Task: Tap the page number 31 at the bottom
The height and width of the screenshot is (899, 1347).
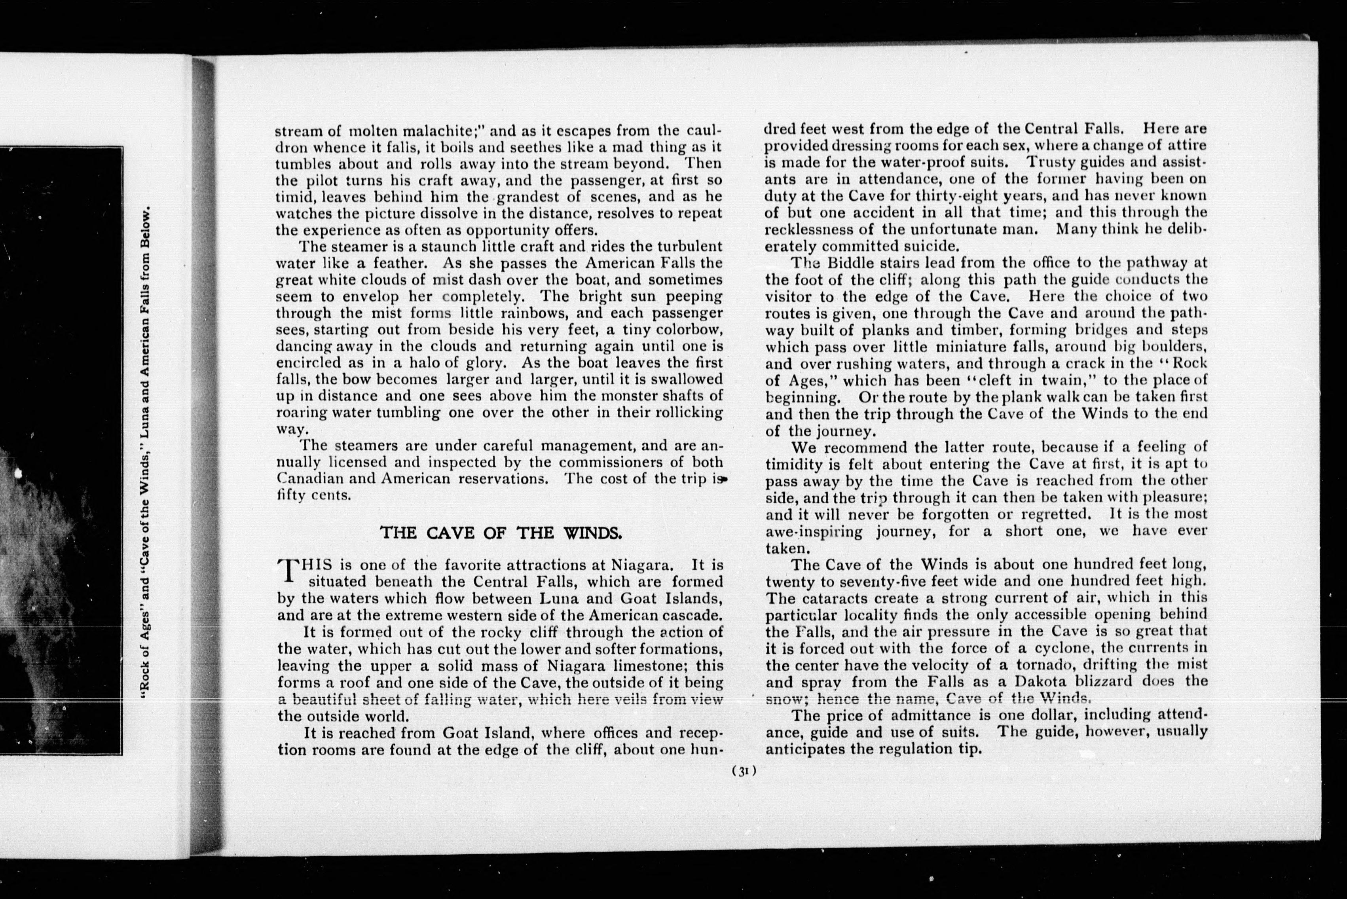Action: point(744,771)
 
